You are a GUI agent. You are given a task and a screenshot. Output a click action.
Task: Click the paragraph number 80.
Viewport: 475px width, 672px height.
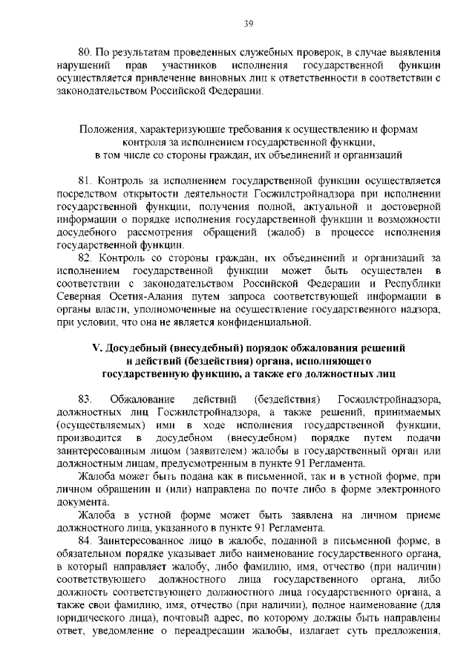pyautogui.click(x=85, y=53)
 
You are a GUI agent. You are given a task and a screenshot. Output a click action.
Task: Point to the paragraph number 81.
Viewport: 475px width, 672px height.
pyautogui.click(x=85, y=180)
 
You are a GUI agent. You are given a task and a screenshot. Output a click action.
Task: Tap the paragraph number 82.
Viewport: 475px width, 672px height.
pyautogui.click(x=85, y=258)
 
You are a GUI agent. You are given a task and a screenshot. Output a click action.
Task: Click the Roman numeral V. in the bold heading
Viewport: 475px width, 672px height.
pyautogui.click(x=95, y=348)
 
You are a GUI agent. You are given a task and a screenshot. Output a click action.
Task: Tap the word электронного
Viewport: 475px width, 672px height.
pyautogui.click(x=403, y=489)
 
